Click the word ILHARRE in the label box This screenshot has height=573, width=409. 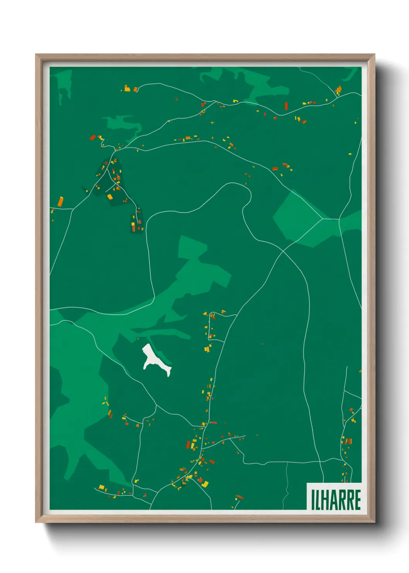coord(336,500)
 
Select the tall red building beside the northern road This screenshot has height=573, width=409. coord(286,106)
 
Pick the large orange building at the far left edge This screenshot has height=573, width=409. coord(60,202)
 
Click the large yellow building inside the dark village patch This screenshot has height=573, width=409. coord(110,197)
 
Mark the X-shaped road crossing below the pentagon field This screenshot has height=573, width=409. coord(283,251)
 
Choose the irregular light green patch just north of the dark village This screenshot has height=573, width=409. coord(122,124)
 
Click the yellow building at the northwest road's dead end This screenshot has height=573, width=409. coord(127,89)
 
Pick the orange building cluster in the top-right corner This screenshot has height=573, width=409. coord(339,91)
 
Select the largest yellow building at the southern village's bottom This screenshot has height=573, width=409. coord(205,484)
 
